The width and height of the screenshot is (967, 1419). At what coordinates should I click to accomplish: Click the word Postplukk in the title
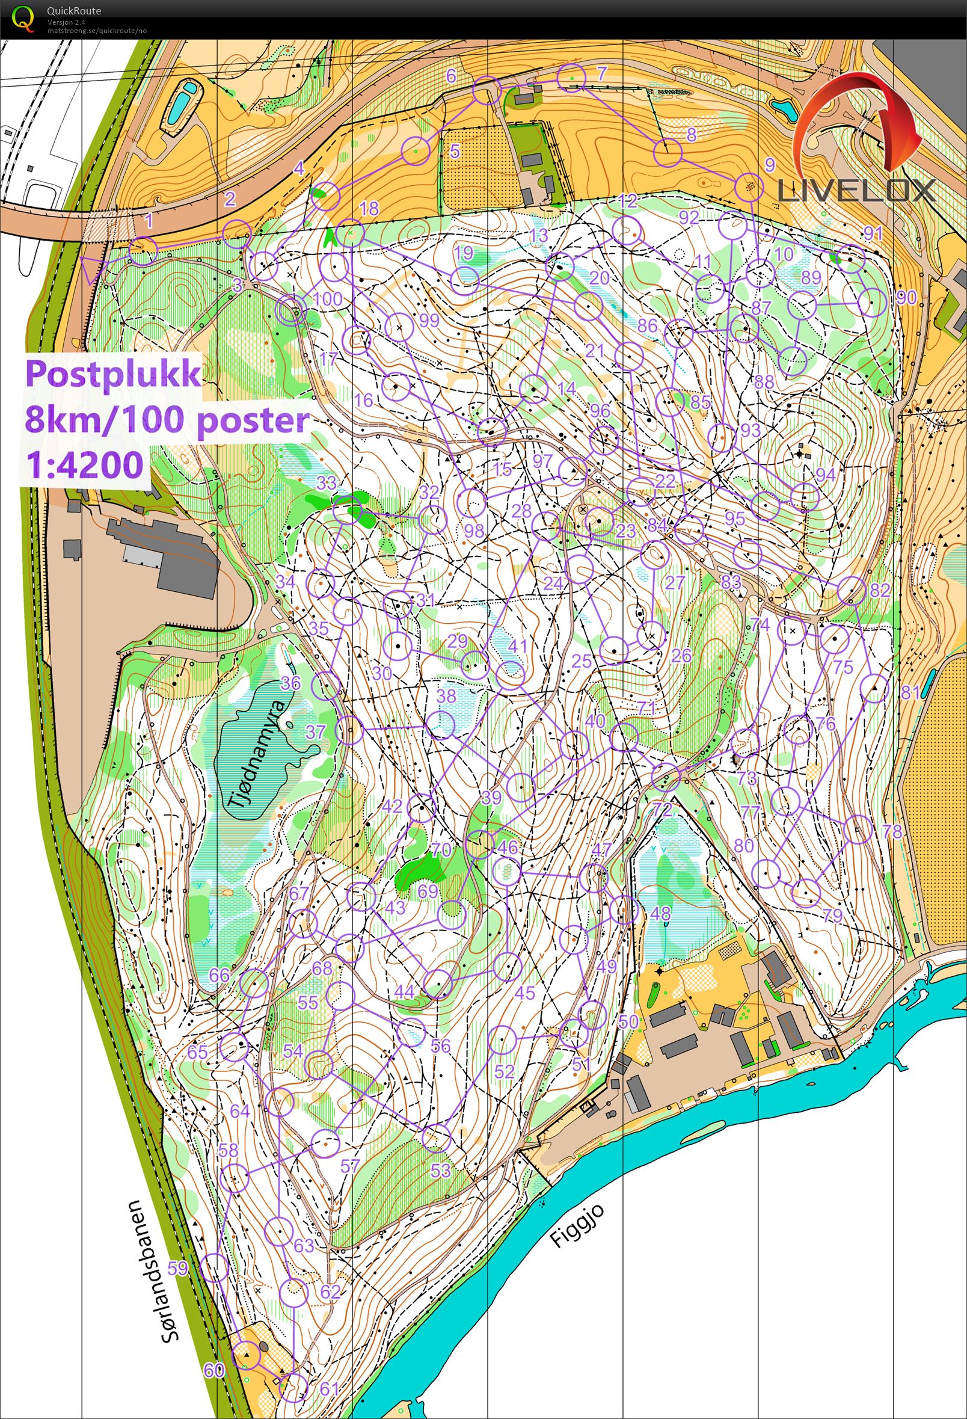point(113,373)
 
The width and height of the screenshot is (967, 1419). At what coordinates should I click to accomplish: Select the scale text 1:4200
point(84,464)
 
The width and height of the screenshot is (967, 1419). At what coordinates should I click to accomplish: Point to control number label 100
point(328,299)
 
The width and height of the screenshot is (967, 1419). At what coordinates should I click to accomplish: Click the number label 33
point(327,482)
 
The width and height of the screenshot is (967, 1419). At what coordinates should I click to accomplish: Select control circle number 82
point(851,590)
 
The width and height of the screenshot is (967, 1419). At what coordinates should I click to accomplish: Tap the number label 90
point(907,297)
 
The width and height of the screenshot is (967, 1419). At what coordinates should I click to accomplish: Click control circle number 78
point(858,829)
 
